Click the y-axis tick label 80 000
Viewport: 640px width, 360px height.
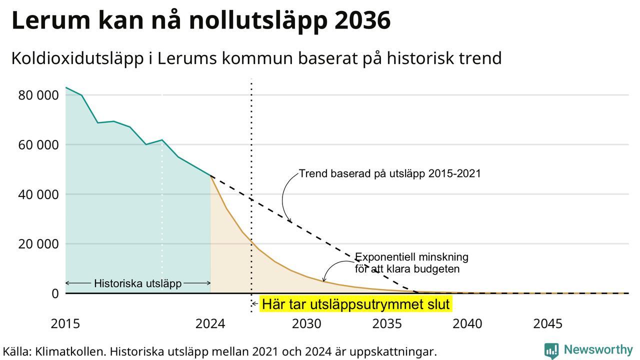point(38,95)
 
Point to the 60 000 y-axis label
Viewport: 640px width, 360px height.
point(38,145)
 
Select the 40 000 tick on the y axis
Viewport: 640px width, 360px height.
point(38,194)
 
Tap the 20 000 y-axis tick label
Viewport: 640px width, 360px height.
point(38,244)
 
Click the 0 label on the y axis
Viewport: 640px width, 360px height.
point(55,293)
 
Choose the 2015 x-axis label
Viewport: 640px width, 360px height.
point(65,323)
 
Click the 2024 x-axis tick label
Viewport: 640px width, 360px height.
point(210,323)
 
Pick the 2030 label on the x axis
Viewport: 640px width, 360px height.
point(306,323)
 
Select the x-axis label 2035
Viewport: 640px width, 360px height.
point(387,323)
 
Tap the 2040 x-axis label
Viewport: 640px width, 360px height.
point(467,323)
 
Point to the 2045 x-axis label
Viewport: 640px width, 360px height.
point(547,323)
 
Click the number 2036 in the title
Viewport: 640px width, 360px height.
point(363,20)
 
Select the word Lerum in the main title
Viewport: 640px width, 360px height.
point(51,20)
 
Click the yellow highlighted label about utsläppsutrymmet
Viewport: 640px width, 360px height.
point(355,304)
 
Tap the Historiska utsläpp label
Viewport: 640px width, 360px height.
point(137,283)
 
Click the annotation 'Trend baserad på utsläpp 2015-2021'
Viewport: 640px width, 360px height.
point(390,173)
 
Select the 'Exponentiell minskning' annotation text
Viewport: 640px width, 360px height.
point(411,257)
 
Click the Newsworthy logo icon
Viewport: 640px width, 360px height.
point(551,350)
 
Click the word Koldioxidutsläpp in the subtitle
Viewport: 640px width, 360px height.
point(77,58)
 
